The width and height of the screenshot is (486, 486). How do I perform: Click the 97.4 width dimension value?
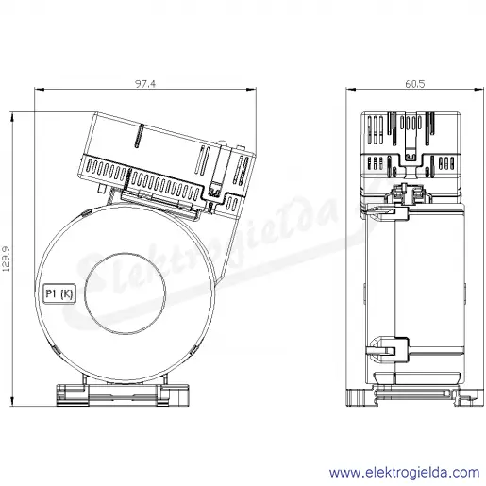(x=145, y=84)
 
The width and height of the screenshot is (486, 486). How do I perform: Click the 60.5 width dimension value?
(x=415, y=84)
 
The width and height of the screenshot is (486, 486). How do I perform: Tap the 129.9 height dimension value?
(x=7, y=259)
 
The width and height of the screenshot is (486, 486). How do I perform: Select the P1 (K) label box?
(x=59, y=293)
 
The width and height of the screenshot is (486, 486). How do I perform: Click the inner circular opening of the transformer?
(x=125, y=293)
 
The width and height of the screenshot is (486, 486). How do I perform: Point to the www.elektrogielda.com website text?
(x=405, y=473)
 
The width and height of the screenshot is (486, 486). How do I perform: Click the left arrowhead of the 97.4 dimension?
(x=39, y=90)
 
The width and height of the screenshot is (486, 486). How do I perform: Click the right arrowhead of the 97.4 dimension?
(x=251, y=90)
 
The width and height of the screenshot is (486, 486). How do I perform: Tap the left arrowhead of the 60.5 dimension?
(x=351, y=90)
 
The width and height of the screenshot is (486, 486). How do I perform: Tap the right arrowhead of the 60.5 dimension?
(x=478, y=90)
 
